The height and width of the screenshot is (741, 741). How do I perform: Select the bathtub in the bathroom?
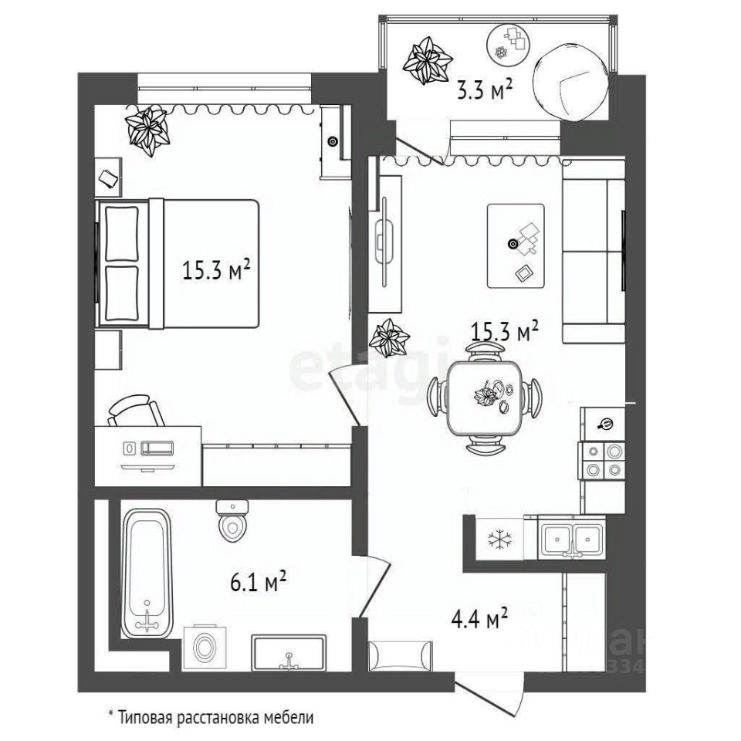coord(147,570)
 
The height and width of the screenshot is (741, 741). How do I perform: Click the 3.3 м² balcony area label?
coord(486,91)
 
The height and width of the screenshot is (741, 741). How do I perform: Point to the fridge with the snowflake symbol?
coord(494,537)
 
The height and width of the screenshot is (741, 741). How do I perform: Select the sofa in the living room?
coord(593,260)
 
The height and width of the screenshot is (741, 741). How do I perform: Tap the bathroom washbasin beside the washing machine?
coord(289,653)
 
